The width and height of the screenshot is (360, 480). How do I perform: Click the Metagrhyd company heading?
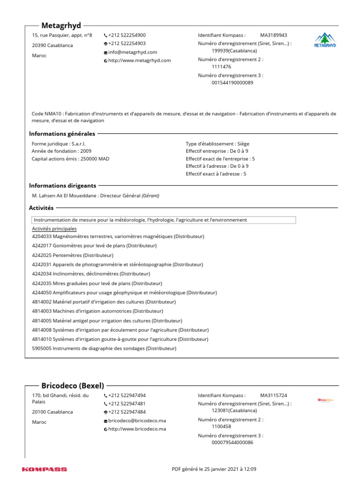pyautogui.click(x=61, y=25)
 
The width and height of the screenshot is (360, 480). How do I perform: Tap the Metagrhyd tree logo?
pyautogui.click(x=324, y=40)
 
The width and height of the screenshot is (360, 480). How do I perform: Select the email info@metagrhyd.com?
pyautogui.click(x=133, y=52)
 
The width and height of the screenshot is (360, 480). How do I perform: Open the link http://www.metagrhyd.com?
pyautogui.click(x=139, y=60)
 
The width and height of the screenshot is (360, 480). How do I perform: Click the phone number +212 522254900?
pyautogui.click(x=127, y=35)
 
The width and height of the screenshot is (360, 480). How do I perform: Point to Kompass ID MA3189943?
pyautogui.click(x=274, y=35)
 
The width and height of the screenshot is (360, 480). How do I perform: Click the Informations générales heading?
pyautogui.click(x=62, y=134)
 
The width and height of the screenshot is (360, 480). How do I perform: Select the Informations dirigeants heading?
pyautogui.click(x=63, y=186)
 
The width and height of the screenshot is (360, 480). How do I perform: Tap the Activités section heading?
pyautogui.click(x=41, y=208)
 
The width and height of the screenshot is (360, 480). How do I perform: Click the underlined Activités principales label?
pyautogui.click(x=54, y=228)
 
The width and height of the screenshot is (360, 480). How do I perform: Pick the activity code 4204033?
pyautogui.click(x=42, y=237)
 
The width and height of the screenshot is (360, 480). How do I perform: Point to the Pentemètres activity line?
pyautogui.click(x=73, y=255)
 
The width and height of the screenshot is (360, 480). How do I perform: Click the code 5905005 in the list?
pyautogui.click(x=42, y=348)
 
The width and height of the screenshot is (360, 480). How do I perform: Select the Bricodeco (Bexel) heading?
pyautogui.click(x=73, y=385)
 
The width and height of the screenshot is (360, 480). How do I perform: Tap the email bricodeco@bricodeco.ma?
pyautogui.click(x=137, y=420)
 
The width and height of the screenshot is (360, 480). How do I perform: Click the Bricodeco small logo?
pyautogui.click(x=325, y=400)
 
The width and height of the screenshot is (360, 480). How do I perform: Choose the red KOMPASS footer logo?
pyautogui.click(x=45, y=469)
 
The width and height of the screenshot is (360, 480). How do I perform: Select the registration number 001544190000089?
pyautogui.click(x=232, y=82)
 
